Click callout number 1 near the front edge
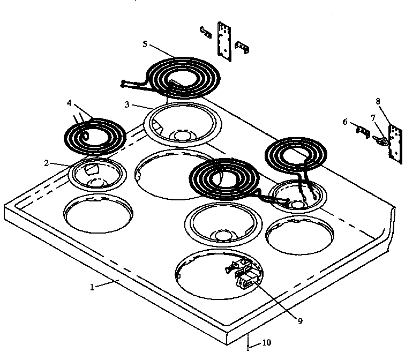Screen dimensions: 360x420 tap(92, 287)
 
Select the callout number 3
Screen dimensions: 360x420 tap(127, 105)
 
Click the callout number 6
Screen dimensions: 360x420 tap(345, 122)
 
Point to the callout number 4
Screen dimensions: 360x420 tap(69, 102)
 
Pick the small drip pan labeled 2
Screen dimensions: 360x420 tap(97, 174)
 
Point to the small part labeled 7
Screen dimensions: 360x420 tap(381, 140)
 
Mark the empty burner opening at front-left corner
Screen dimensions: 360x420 tap(97, 214)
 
